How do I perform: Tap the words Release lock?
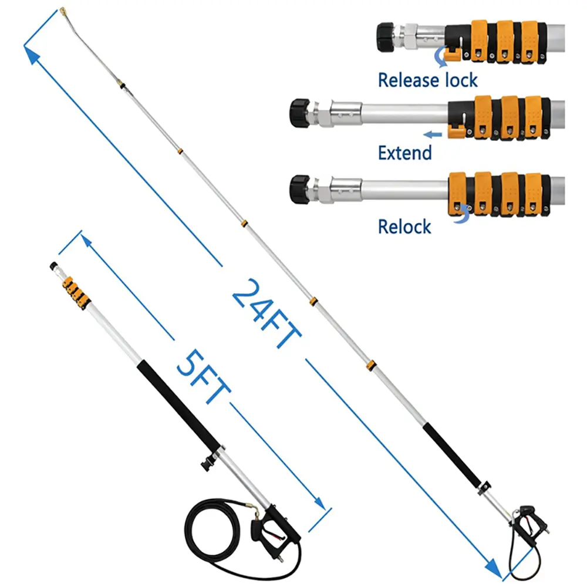427,79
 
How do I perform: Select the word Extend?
405,153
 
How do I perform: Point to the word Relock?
405,227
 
